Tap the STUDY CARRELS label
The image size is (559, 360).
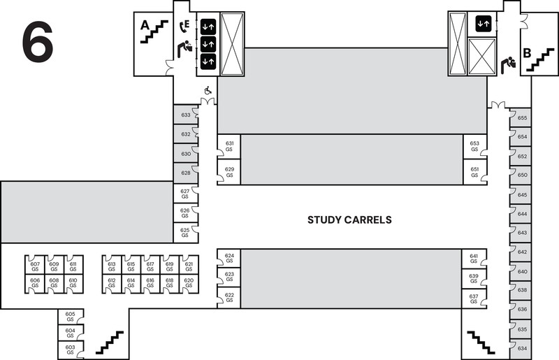tap(349, 219)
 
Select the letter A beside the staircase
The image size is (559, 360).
tap(145, 25)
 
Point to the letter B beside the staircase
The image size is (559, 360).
tap(528, 53)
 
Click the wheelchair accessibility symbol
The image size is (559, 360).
tap(207, 90)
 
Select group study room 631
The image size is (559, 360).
tap(229, 146)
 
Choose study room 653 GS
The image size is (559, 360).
tap(474, 146)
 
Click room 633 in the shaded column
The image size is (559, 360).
tap(186, 115)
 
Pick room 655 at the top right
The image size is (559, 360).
tap(522, 119)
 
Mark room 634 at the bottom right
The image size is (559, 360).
tap(522, 347)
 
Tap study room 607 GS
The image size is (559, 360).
tap(35, 266)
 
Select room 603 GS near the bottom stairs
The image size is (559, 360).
tap(70, 349)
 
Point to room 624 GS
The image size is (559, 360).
tap(229, 259)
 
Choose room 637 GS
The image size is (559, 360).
tap(474, 299)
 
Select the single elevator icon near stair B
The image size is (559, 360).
tap(484, 23)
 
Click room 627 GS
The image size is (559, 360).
tap(185, 194)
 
